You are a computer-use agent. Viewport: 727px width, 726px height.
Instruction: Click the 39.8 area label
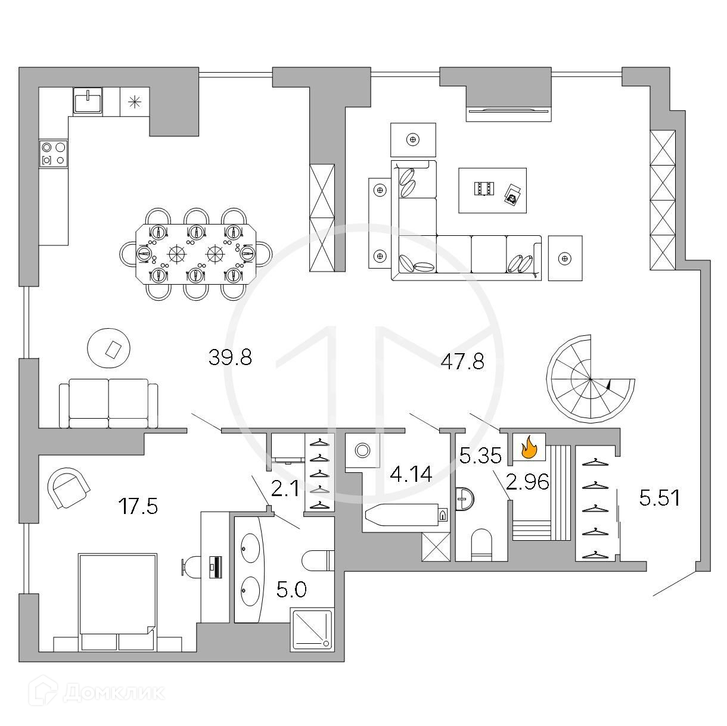(x=231, y=357)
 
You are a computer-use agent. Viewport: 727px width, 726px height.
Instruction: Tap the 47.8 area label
(x=462, y=362)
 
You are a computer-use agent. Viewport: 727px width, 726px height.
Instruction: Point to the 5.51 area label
(x=659, y=498)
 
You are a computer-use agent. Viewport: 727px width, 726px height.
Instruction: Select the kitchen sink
(x=88, y=99)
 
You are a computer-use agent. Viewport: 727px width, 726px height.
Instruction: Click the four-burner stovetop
(x=53, y=153)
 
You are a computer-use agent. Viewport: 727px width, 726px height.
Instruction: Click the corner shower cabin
(x=311, y=627)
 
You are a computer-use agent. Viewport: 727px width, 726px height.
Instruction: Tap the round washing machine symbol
(x=362, y=450)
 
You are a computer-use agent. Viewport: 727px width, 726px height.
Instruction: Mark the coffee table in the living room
(x=492, y=190)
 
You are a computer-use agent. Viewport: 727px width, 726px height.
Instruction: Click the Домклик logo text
(x=113, y=692)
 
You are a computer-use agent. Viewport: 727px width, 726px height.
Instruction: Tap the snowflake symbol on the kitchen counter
(x=135, y=100)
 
